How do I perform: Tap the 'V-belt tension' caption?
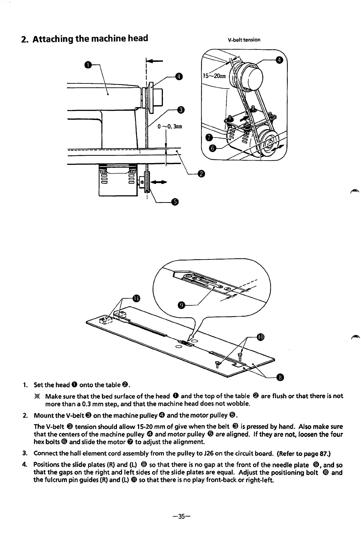(x=244, y=40)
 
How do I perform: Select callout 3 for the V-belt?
(x=180, y=110)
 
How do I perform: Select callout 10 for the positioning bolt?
(x=260, y=337)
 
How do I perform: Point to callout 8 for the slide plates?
(x=280, y=377)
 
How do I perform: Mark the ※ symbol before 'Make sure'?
(x=39, y=396)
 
